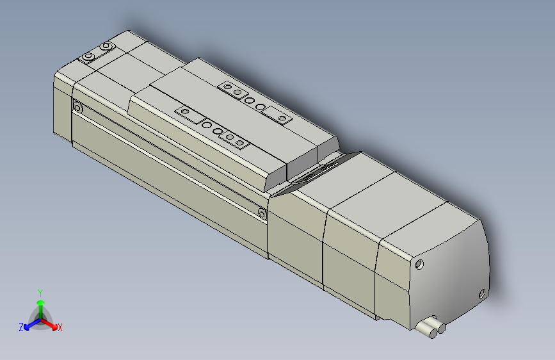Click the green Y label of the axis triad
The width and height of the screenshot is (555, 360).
(x=40, y=291)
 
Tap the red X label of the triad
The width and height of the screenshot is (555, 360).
(x=60, y=328)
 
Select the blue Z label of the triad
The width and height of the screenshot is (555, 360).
(x=21, y=327)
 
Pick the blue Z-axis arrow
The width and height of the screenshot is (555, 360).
(x=29, y=323)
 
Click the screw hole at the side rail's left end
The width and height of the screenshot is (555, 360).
(x=78, y=108)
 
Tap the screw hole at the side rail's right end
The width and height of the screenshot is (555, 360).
(x=262, y=213)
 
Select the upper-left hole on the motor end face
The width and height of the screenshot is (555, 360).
(x=420, y=264)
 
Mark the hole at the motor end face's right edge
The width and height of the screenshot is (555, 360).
(x=482, y=294)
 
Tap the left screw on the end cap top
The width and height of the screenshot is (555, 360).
(x=88, y=58)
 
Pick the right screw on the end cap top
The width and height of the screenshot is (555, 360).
(x=106, y=47)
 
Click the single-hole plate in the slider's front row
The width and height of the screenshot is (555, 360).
(x=186, y=113)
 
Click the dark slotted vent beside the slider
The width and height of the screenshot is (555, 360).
(x=315, y=173)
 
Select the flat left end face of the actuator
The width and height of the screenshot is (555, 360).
(x=62, y=106)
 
